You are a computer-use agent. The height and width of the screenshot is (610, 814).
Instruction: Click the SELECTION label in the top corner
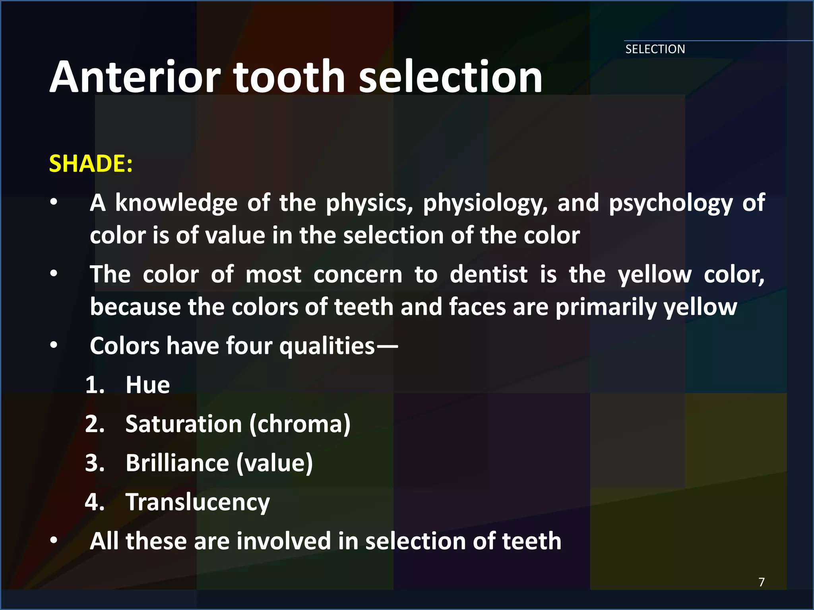[655, 49]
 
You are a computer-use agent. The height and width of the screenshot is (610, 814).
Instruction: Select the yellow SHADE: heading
[91, 163]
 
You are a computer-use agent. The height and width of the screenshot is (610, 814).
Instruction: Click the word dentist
[489, 274]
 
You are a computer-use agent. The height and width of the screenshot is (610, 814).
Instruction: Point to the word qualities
[327, 346]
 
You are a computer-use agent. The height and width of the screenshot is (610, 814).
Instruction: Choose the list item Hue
[147, 385]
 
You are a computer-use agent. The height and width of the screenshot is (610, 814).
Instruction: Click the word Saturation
[184, 424]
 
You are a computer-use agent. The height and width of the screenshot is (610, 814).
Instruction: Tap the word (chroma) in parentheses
[300, 425]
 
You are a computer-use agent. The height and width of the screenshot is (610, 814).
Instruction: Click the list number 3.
[95, 463]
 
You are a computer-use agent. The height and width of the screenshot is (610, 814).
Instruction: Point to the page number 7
[761, 582]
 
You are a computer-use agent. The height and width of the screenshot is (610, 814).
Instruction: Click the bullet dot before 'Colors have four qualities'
[54, 346]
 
